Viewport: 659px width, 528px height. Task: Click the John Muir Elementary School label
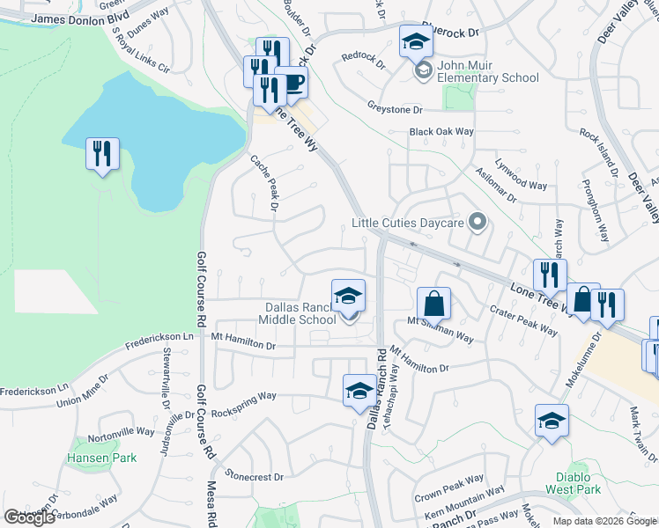[x=487, y=77]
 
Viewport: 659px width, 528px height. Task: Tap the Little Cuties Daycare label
[x=407, y=223]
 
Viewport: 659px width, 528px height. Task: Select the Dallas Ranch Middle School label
[x=300, y=313]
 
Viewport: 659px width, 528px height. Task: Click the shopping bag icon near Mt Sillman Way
[x=433, y=304]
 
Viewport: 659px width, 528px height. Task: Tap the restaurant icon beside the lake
[x=102, y=154]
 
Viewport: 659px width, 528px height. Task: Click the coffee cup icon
[x=292, y=84]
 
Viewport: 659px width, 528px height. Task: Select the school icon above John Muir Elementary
[x=416, y=41]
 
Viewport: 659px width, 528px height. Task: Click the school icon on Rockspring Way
[x=359, y=391]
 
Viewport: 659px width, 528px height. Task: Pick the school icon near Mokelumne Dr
[x=552, y=421]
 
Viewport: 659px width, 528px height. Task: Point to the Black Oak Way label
[x=441, y=132]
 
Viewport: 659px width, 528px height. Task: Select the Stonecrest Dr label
[x=255, y=477]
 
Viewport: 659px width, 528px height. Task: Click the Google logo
[x=29, y=517]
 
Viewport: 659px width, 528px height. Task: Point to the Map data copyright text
[x=604, y=521]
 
